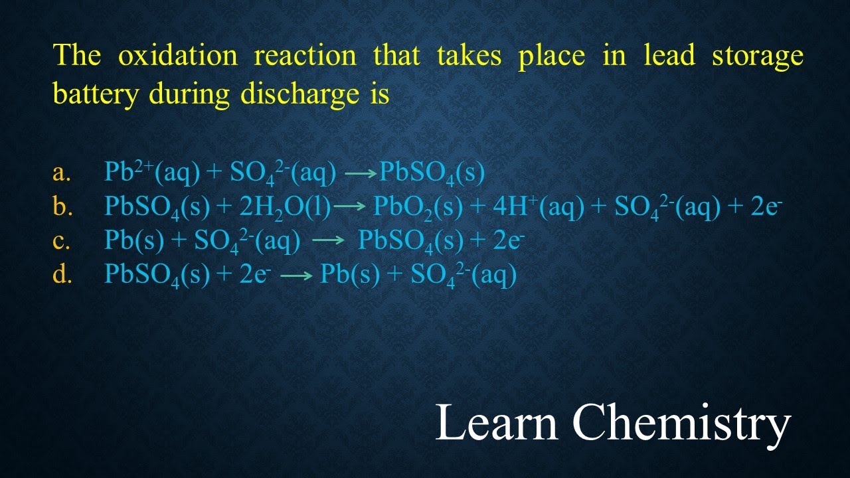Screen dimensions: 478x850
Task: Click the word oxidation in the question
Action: [x=177, y=56]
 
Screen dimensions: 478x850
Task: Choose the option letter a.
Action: [x=61, y=173]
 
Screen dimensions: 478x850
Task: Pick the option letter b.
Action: [x=62, y=207]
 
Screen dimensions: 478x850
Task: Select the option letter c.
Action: [x=61, y=241]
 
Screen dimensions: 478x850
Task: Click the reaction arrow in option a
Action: [x=361, y=174]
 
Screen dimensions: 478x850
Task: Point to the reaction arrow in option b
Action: [x=350, y=208]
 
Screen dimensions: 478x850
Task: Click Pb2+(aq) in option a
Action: [x=152, y=173]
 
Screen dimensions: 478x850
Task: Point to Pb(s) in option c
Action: [x=134, y=242]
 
